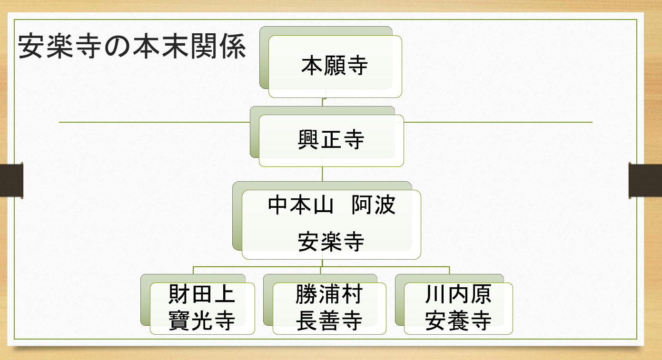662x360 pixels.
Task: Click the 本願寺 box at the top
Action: pyautogui.click(x=335, y=66)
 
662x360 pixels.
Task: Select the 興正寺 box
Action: pyautogui.click(x=331, y=140)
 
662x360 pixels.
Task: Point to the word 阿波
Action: pyautogui.click(x=374, y=205)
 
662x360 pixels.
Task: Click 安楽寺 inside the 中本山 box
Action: pyautogui.click(x=331, y=242)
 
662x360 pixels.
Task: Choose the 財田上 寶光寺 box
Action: pyautogui.click(x=202, y=308)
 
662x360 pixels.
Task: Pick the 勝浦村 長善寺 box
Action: pyautogui.click(x=329, y=308)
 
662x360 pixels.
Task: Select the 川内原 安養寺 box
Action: pyautogui.click(x=458, y=308)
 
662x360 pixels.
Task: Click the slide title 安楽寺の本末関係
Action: pyautogui.click(x=132, y=47)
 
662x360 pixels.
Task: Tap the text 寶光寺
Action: pyautogui.click(x=202, y=321)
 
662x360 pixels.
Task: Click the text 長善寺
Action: pyautogui.click(x=329, y=321)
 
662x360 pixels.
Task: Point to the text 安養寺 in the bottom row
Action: pyautogui.click(x=458, y=321)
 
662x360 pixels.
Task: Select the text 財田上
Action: pyautogui.click(x=202, y=295)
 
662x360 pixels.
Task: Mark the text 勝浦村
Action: pyautogui.click(x=329, y=295)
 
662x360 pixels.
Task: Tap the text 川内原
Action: pyautogui.click(x=458, y=295)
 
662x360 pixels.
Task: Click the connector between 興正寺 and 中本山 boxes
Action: pyautogui.click(x=323, y=174)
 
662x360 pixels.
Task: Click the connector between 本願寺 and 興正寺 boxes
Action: pyautogui.click(x=323, y=102)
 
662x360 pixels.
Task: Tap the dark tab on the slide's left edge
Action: pyautogui.click(x=11, y=180)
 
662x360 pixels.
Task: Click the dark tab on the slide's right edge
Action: pyautogui.click(x=645, y=180)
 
